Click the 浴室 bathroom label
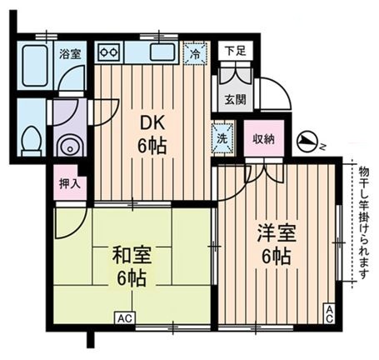pyautogui.click(x=69, y=53)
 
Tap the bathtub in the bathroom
pyautogui.click(x=35, y=67)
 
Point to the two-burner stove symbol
pyautogui.click(x=108, y=52)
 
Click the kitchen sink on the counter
pyautogui.click(x=162, y=53)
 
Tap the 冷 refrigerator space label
pyautogui.click(x=193, y=53)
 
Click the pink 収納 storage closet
pyautogui.click(x=263, y=138)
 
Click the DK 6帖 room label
pyautogui.click(x=152, y=133)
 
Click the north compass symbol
pyautogui.click(x=309, y=142)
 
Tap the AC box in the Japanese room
pyautogui.click(x=125, y=317)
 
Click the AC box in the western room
pyautogui.click(x=329, y=313)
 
